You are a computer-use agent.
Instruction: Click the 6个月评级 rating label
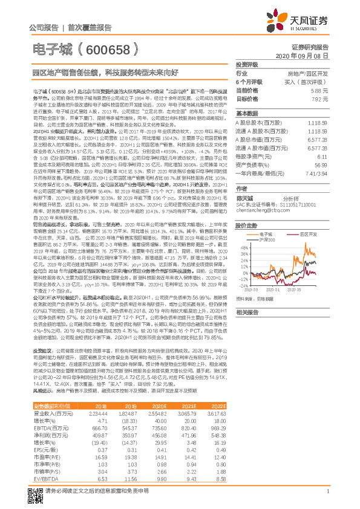click(x=249, y=82)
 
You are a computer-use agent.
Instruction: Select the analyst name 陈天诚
click(x=244, y=198)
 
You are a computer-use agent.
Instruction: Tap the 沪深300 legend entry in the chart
click(x=283, y=241)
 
